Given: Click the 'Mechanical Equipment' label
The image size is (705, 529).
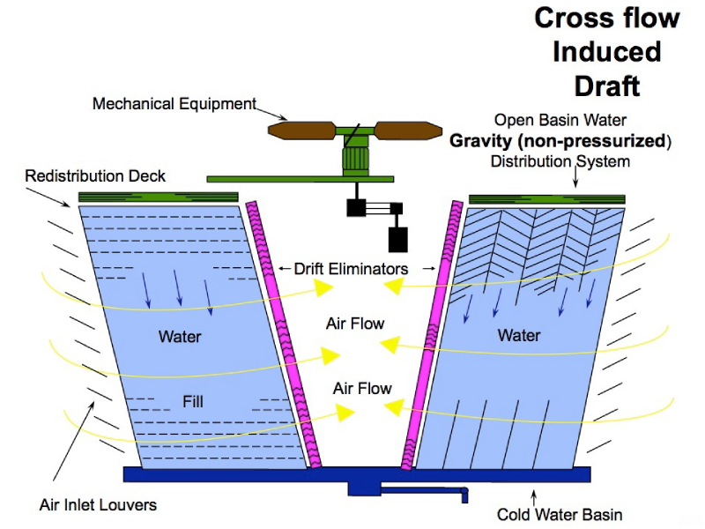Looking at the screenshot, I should point(174,104).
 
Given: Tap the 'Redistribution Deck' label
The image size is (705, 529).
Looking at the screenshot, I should point(95,176).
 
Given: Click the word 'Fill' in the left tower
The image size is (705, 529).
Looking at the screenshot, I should point(193,401).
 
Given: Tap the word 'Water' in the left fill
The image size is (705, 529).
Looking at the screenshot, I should point(180,336).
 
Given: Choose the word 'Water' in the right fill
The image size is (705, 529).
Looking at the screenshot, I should point(519,335).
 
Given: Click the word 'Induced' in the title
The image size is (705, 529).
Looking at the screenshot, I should point(606,51).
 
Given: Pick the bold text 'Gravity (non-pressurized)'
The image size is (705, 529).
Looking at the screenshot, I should point(560,140).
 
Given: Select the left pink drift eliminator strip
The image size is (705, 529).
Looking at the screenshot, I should point(280,335).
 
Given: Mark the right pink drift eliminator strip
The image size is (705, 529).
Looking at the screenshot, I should point(433,335).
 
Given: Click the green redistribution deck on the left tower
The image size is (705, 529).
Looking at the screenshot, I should point(159,197).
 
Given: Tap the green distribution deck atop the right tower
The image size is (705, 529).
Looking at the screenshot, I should point(546,199).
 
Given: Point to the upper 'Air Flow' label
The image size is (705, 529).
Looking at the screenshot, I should point(355,324).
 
